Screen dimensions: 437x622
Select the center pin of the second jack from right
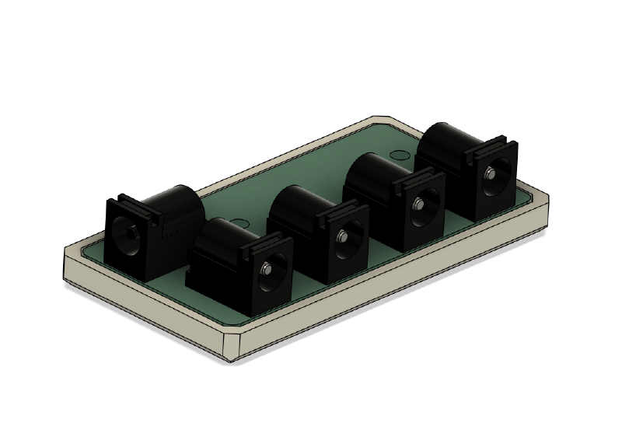point(418,205)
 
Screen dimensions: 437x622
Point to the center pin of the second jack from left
point(267,269)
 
